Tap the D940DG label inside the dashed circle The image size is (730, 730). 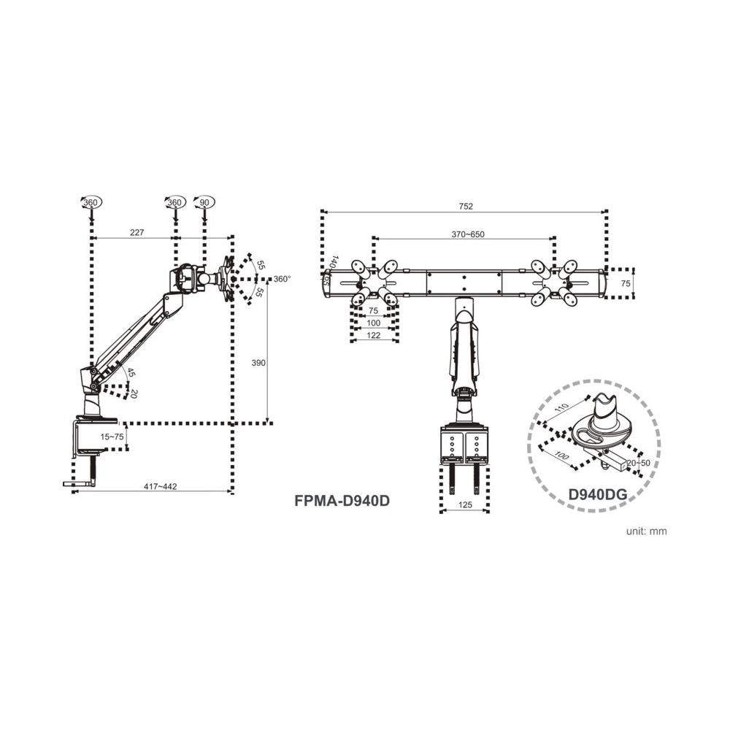pos(598,494)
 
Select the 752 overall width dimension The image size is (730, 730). pos(466,207)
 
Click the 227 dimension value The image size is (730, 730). pos(137,233)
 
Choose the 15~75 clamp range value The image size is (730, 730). pos(112,436)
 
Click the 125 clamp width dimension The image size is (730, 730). pos(465,504)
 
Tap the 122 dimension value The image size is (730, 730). pos(373,335)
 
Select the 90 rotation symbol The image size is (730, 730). pos(204,202)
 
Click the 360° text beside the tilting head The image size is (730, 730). pos(282,279)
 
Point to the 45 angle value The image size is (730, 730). pos(130,373)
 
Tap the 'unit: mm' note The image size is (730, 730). pos(646,531)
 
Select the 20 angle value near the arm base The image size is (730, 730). pos(134,393)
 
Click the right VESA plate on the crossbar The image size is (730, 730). pos(553,280)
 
